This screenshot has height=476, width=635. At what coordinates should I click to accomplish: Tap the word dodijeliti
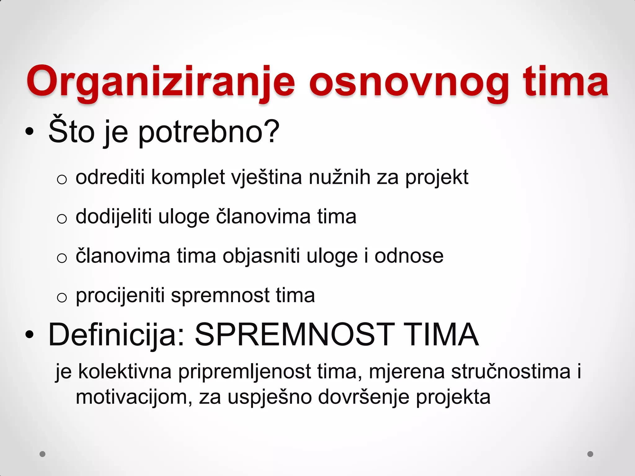113,217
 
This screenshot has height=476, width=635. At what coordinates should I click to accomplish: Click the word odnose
409,256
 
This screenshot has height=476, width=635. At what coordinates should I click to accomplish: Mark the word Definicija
117,335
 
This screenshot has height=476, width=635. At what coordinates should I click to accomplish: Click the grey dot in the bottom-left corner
42,454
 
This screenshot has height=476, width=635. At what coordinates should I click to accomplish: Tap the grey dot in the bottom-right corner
590,454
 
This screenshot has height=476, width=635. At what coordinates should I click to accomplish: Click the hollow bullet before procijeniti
62,297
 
